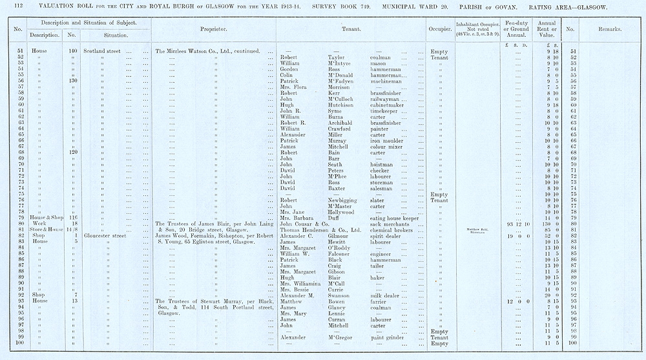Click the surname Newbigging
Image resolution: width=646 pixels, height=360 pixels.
[337, 200]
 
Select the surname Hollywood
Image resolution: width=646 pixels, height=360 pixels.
[334, 212]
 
